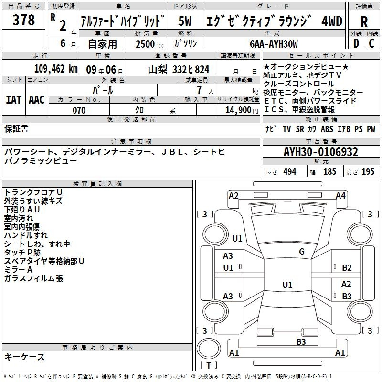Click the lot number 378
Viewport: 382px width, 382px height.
[x=24, y=21]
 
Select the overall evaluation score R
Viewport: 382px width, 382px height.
[x=364, y=21]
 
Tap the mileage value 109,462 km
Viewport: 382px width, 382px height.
[x=55, y=69]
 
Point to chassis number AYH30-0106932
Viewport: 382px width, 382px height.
[x=321, y=152]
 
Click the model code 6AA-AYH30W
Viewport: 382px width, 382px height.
[x=274, y=44]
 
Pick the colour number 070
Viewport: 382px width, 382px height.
[x=79, y=110]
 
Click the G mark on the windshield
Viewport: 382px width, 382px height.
[x=302, y=252]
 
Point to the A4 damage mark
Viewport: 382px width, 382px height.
[x=340, y=195]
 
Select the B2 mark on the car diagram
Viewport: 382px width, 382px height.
[x=347, y=268]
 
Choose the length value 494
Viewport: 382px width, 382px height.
[x=289, y=172]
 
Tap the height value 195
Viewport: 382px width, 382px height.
[x=368, y=172]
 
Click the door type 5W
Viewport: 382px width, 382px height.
[x=185, y=21]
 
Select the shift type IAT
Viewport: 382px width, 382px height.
[x=13, y=100]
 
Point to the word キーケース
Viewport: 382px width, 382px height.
[x=24, y=357]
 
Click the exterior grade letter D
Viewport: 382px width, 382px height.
[x=356, y=44]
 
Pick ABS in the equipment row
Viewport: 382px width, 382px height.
[x=327, y=129]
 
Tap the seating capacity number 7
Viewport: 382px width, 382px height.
[x=198, y=90]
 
